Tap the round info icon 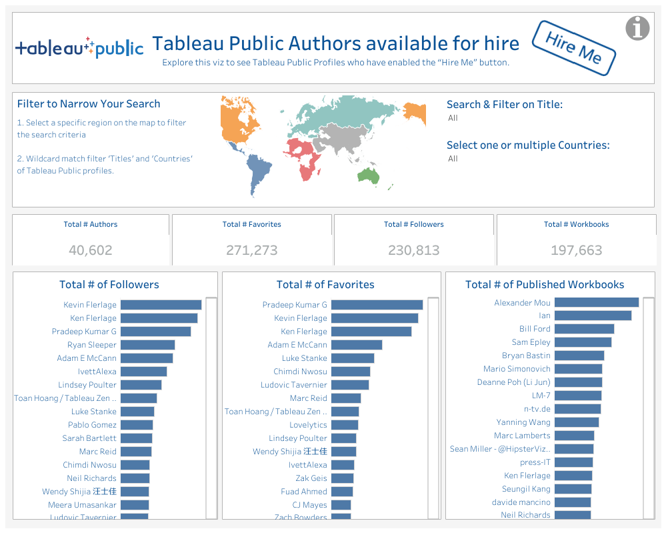[x=637, y=28]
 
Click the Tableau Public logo [x=79, y=47]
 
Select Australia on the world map [x=368, y=175]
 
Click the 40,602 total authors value [x=91, y=250]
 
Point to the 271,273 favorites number [x=251, y=250]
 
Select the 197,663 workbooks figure [x=576, y=250]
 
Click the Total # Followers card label [x=413, y=224]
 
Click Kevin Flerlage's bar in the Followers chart [x=161, y=305]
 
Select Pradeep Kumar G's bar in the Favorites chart [x=377, y=305]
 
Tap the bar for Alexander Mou [x=596, y=302]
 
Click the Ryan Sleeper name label [x=92, y=345]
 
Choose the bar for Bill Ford [x=584, y=329]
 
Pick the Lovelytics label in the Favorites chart [x=308, y=425]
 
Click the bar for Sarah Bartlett [x=137, y=438]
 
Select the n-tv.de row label [x=537, y=409]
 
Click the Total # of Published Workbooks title [x=544, y=284]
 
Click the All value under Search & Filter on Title [x=453, y=118]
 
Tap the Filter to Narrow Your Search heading [x=89, y=104]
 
